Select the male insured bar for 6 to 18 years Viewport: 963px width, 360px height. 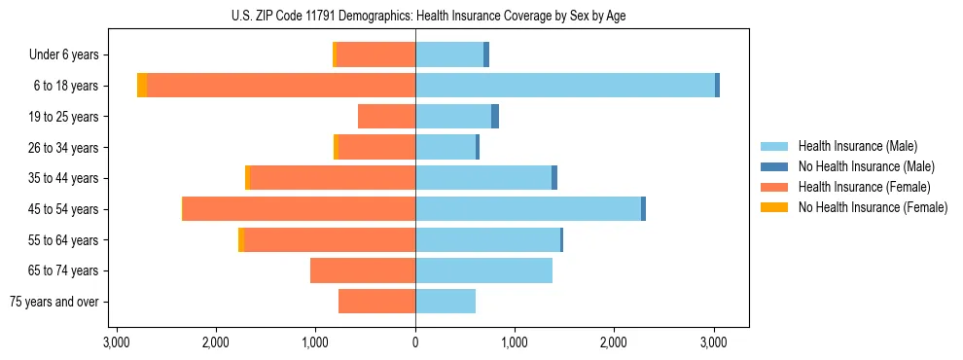(x=564, y=86)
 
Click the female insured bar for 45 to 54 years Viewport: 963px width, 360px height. (x=300, y=209)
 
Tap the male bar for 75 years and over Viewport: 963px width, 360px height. (x=446, y=302)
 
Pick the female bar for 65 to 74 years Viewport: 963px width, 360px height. (x=363, y=270)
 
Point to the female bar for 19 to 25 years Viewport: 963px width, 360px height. (x=386, y=117)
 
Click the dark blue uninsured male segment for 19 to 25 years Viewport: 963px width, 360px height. (x=495, y=117)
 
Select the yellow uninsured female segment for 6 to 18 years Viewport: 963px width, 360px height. (x=142, y=86)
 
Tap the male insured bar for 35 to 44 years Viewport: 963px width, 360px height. (x=483, y=178)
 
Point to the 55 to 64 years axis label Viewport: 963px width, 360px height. (x=66, y=240)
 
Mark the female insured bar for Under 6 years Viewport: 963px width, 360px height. (x=375, y=55)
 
